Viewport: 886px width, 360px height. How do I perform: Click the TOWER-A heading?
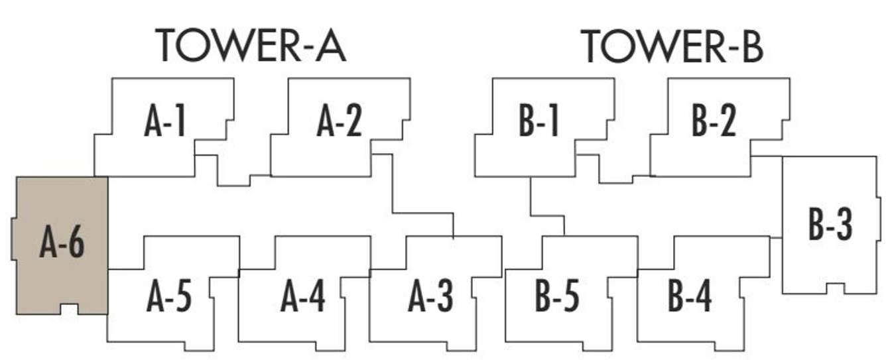point(251,46)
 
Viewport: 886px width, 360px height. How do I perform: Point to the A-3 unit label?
point(431,298)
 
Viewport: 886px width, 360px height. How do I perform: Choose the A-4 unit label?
point(303,298)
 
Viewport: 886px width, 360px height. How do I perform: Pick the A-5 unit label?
point(169,298)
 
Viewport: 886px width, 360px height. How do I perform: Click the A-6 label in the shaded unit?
point(62,243)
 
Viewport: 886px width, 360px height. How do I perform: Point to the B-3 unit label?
point(830,225)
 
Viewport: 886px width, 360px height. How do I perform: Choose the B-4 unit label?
point(690,298)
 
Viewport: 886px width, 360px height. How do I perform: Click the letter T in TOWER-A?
point(168,46)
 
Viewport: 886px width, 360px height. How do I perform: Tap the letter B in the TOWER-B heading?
point(751,46)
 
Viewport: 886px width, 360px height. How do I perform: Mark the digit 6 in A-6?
point(75,243)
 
